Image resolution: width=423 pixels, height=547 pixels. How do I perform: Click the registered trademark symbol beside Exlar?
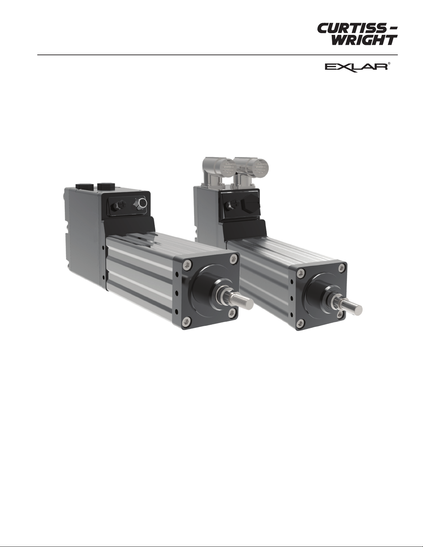click(x=389, y=64)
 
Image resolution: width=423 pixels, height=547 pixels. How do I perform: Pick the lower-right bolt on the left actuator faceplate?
click(x=233, y=312)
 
